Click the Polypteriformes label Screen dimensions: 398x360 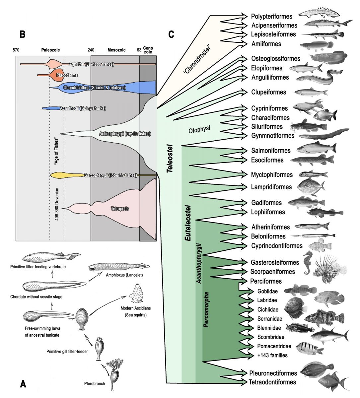pos(271,16)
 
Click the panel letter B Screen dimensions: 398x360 pos(22,34)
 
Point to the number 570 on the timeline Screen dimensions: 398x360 pos(16,50)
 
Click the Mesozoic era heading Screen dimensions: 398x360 pos(116,50)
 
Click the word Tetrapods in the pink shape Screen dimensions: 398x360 pos(120,209)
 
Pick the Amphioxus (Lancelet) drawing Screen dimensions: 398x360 pos(118,266)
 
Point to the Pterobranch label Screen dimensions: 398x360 pos(95,384)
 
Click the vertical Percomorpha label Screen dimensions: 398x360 pos(206,310)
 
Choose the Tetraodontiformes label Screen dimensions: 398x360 pos(272,382)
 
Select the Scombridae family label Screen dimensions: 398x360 pos(271,337)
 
